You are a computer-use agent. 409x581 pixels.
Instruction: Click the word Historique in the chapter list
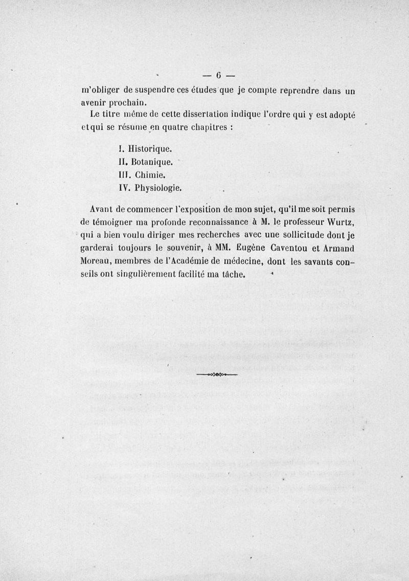pos(149,149)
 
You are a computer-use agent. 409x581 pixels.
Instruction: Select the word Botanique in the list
pos(152,162)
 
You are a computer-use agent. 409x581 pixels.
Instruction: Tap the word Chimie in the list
pos(148,175)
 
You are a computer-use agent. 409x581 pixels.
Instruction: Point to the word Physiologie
pos(157,188)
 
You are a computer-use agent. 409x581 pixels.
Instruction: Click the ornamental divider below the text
pos(217,375)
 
